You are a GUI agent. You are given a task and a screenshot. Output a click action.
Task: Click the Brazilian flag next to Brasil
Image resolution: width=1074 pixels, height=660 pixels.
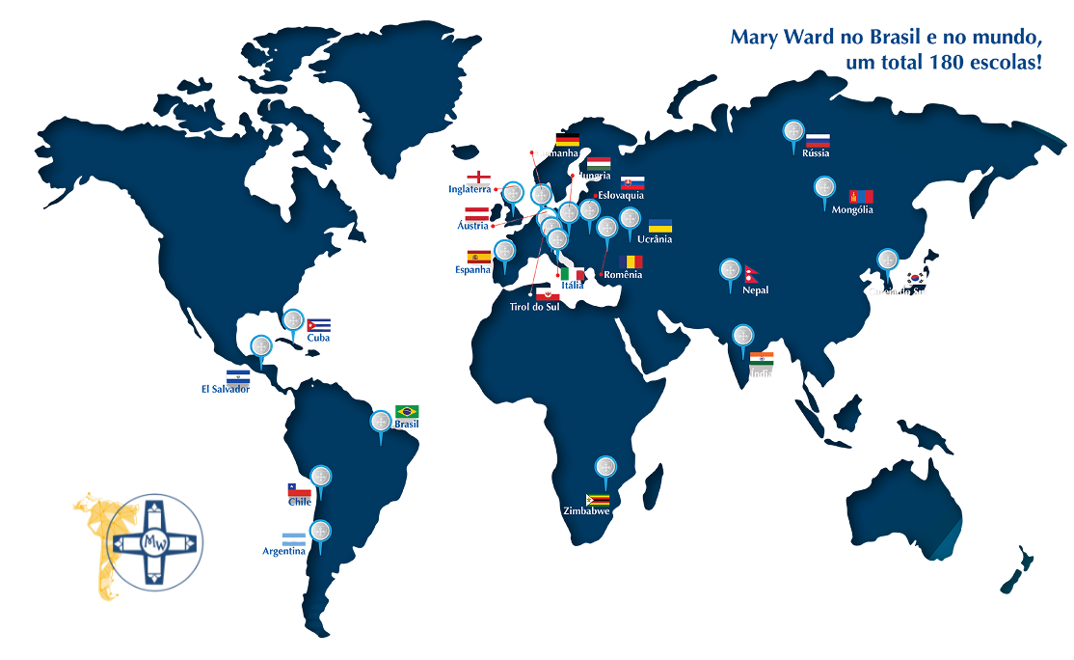click(x=407, y=412)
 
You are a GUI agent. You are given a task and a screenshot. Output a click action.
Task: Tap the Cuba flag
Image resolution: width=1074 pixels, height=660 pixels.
click(x=319, y=325)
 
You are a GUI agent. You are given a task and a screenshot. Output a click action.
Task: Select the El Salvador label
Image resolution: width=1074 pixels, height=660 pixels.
click(x=226, y=389)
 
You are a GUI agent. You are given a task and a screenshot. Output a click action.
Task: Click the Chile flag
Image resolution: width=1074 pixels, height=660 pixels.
click(x=300, y=490)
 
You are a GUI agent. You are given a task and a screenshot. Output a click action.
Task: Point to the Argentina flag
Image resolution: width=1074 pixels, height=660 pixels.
click(x=293, y=538)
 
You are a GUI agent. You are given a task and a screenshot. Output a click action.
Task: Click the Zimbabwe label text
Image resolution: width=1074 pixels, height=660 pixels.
click(x=586, y=511)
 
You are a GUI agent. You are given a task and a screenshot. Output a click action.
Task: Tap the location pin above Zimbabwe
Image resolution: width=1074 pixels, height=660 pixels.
click(x=605, y=468)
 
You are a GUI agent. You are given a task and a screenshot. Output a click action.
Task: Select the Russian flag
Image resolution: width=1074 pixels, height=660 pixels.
click(x=818, y=140)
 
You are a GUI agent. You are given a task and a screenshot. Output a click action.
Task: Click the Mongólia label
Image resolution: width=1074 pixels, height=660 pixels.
click(x=852, y=209)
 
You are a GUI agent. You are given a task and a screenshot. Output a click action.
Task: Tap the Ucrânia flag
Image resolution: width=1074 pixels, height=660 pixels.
click(x=660, y=226)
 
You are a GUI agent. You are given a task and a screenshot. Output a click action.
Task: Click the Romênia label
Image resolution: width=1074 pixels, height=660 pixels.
click(x=623, y=274)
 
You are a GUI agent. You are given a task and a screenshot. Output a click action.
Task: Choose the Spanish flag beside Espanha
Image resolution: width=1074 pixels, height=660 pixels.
click(x=479, y=257)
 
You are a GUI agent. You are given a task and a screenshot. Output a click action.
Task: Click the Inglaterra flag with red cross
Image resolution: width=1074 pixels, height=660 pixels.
click(x=479, y=178)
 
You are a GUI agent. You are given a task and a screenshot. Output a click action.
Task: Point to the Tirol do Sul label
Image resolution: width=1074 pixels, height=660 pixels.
click(x=534, y=307)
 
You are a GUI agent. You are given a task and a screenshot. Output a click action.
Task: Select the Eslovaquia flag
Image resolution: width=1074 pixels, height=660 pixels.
click(x=632, y=183)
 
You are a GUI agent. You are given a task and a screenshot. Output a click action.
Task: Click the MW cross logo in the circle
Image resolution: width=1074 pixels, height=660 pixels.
click(x=155, y=542)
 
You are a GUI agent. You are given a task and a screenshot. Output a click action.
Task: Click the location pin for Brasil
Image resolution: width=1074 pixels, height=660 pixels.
click(x=382, y=423)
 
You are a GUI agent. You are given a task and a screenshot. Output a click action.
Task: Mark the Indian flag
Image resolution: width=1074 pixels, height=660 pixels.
click(x=762, y=359)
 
